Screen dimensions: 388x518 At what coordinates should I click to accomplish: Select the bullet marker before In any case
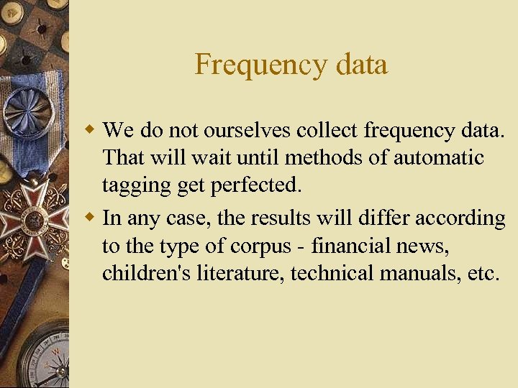[90, 216]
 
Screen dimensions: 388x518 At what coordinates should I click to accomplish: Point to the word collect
[327, 131]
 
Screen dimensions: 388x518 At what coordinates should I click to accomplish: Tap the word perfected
[255, 185]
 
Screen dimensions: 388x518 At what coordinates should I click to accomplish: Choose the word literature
[243, 274]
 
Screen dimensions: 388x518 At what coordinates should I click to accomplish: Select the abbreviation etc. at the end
[482, 274]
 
